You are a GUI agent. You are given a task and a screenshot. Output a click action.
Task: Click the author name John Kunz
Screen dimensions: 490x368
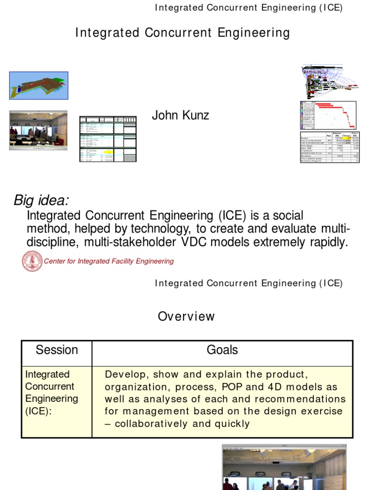tap(180, 115)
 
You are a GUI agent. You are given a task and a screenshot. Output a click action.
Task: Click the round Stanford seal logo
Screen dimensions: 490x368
tap(32, 261)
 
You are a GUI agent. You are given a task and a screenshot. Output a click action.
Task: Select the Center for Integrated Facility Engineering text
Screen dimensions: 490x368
tap(109, 261)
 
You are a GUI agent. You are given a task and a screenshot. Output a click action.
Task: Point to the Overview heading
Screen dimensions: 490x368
tap(186, 317)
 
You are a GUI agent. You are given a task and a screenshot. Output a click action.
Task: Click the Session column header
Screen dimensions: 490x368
tap(57, 350)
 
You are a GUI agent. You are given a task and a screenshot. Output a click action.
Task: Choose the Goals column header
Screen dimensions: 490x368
tap(222, 350)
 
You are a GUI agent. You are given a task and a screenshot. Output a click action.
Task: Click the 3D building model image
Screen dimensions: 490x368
tap(39, 86)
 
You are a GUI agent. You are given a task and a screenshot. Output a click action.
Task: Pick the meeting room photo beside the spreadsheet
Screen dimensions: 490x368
tap(38, 130)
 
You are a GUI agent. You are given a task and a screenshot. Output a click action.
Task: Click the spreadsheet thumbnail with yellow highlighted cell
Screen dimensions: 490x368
tap(108, 139)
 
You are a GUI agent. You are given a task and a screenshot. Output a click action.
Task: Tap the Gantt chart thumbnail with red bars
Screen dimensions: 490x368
tap(329, 115)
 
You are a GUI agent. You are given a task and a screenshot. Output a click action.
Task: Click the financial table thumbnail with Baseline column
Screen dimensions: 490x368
tap(330, 146)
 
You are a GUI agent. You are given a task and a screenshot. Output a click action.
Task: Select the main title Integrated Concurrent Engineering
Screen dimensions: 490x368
tap(183, 33)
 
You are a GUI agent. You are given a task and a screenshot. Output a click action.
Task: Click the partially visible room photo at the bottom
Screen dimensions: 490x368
tap(284, 467)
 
